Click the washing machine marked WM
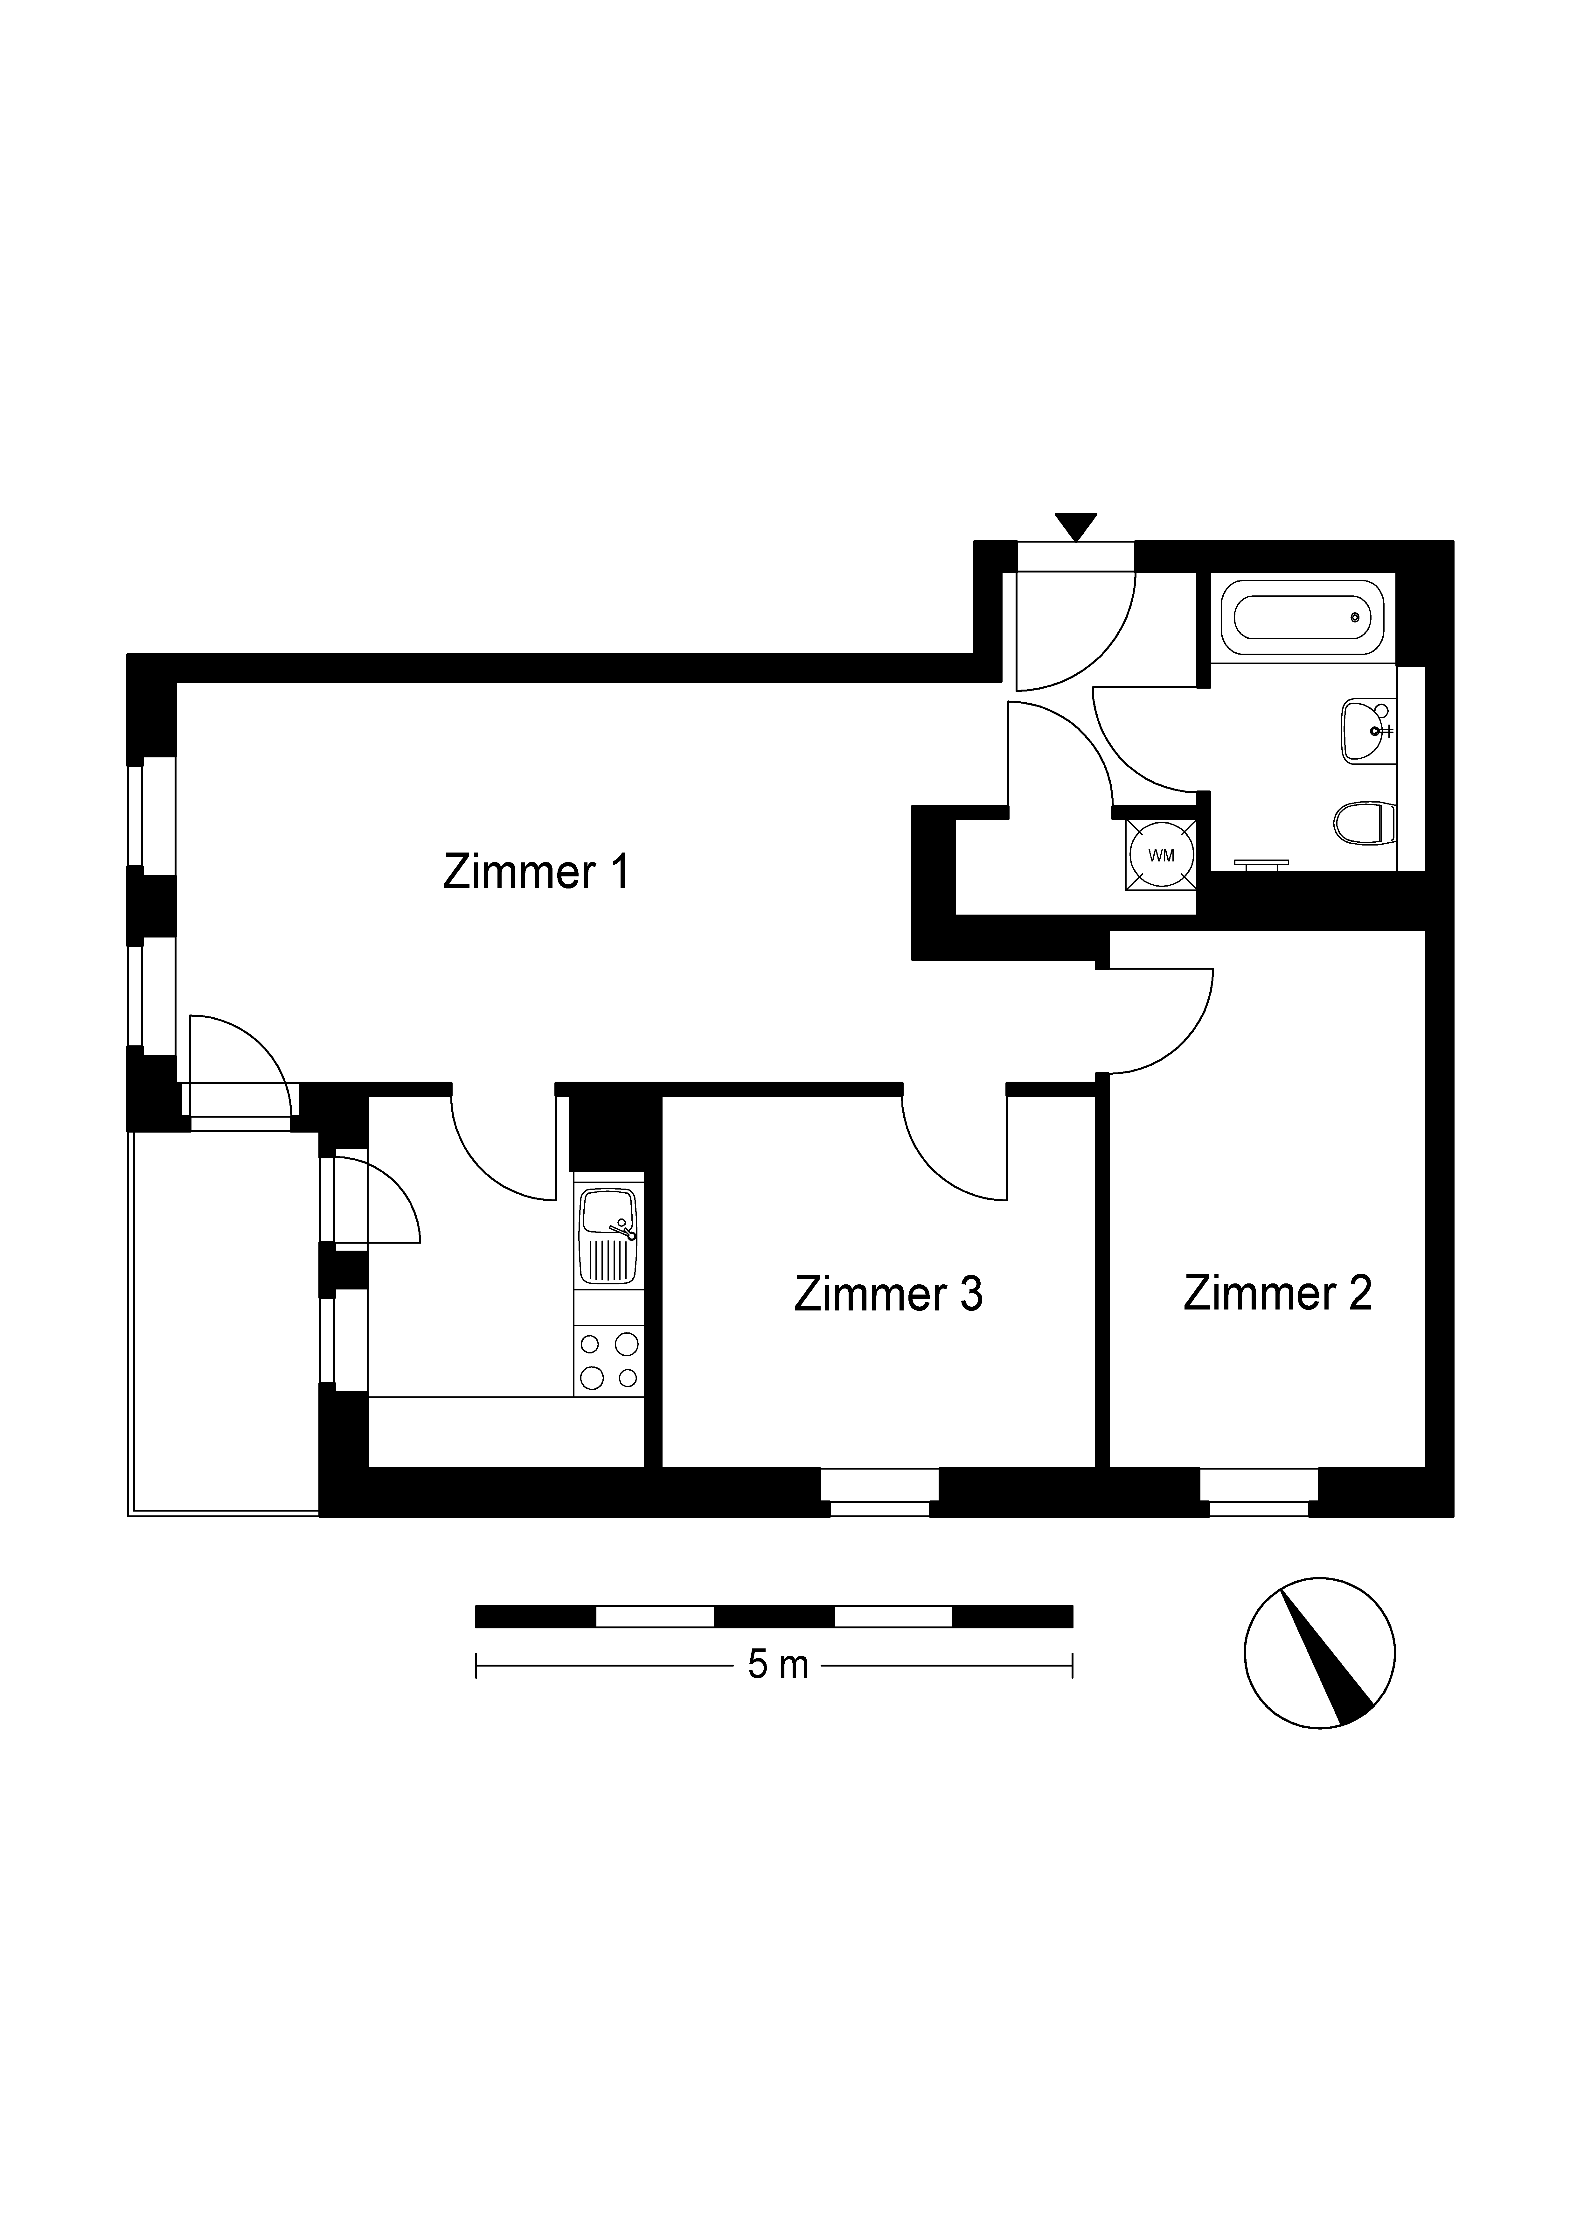1161,855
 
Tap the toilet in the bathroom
1365,823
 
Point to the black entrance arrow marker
1074,526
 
